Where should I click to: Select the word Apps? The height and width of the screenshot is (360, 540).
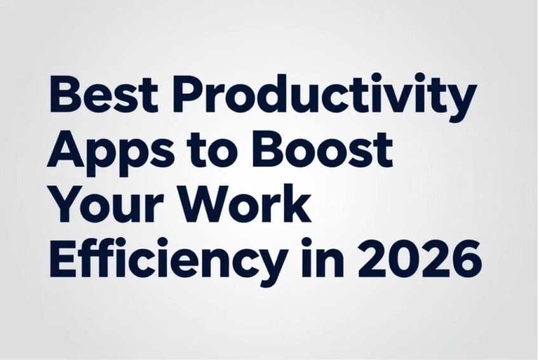pos(109,153)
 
